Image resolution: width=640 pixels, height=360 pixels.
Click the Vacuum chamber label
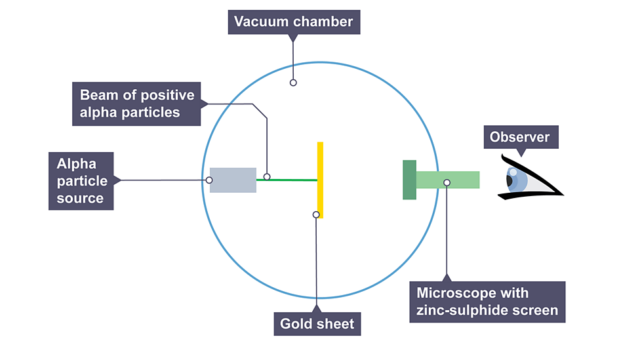(294, 22)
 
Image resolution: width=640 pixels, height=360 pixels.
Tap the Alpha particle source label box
(81, 181)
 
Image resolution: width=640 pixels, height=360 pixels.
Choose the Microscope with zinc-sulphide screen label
(487, 302)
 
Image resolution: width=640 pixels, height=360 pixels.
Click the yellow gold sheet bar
(320, 164)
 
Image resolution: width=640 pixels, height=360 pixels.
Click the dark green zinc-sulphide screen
(409, 180)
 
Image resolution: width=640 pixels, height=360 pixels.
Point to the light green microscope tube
(459, 179)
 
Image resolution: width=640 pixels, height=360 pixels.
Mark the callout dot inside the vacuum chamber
(293, 83)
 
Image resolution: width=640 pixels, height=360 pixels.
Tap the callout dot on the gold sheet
(316, 214)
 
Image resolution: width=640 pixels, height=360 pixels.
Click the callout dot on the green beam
(267, 176)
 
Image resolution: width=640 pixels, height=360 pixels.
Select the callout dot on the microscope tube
(447, 182)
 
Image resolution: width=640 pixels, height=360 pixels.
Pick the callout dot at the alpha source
(209, 180)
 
